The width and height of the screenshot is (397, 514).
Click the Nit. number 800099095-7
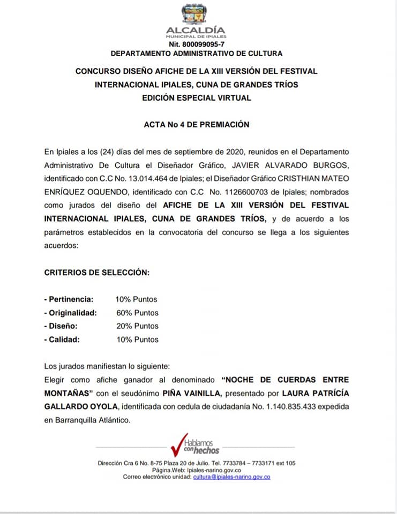pyautogui.click(x=196, y=44)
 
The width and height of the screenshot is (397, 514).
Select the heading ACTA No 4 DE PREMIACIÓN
pyautogui.click(x=197, y=124)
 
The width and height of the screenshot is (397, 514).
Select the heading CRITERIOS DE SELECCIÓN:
pyautogui.click(x=96, y=272)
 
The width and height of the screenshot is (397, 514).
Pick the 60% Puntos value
pyautogui.click(x=137, y=313)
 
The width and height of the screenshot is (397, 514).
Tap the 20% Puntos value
pyautogui.click(x=137, y=326)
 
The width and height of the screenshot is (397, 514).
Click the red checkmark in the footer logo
pyautogui.click(x=177, y=443)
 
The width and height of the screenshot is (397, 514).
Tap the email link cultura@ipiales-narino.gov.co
pyautogui.click(x=231, y=477)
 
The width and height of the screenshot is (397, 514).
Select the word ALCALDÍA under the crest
pyautogui.click(x=196, y=30)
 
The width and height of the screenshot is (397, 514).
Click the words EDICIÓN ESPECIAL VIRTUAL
pyautogui.click(x=196, y=98)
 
